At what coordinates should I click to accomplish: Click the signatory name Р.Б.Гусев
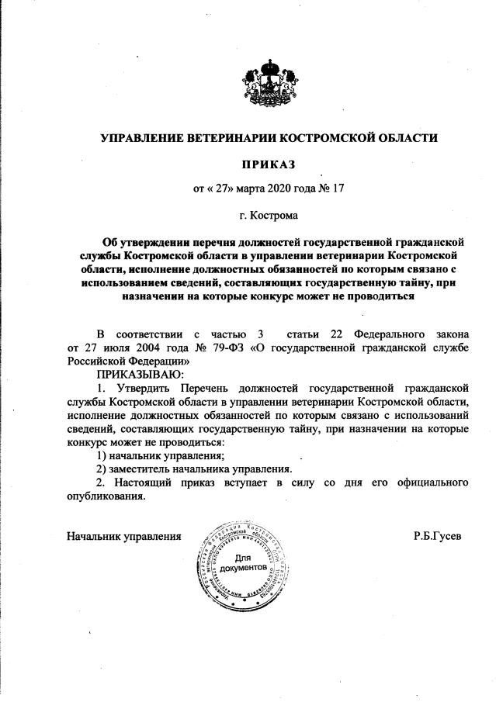click(x=437, y=536)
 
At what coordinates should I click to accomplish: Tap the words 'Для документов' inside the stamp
click(x=244, y=563)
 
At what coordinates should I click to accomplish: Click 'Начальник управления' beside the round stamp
click(x=124, y=536)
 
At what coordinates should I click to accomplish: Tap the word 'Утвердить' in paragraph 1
click(x=138, y=387)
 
